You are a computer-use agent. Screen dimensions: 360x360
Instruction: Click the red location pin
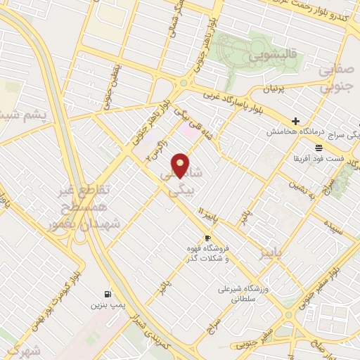181,165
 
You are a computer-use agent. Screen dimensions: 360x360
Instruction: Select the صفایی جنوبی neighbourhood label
335,79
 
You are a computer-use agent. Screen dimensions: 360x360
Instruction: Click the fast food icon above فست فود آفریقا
319,147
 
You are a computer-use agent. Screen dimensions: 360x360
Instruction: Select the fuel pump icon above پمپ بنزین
107,294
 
